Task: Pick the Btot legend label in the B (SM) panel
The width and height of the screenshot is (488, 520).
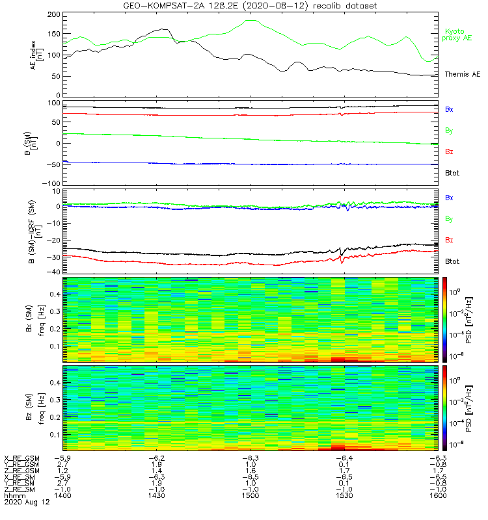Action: (x=452, y=173)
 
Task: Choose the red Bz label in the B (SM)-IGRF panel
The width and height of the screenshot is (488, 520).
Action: (x=449, y=240)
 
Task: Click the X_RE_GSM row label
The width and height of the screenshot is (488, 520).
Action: (x=21, y=458)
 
